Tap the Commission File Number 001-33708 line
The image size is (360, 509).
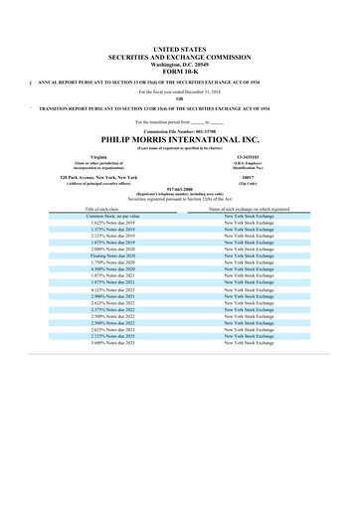click(179, 130)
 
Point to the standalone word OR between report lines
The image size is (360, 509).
click(179, 97)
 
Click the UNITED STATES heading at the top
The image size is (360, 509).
click(179, 48)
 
